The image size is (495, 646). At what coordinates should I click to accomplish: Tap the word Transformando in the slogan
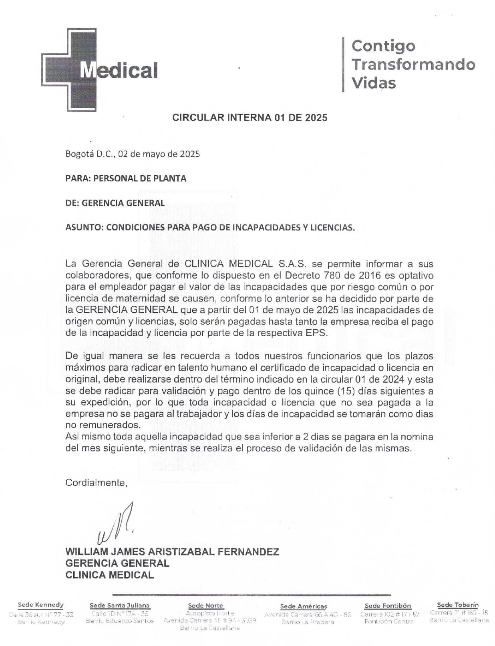coord(413,64)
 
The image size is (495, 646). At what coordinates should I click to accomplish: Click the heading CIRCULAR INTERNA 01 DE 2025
coord(250,118)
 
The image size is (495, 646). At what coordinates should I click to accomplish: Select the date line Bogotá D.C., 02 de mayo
coord(133,154)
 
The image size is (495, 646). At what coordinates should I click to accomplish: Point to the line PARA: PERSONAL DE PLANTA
coord(126,179)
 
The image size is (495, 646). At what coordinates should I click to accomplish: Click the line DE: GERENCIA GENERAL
coord(115,203)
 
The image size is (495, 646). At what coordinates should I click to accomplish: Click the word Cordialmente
coord(96,483)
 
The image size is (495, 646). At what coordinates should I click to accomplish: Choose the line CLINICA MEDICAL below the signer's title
coord(109,575)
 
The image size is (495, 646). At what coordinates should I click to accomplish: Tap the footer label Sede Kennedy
coord(41,605)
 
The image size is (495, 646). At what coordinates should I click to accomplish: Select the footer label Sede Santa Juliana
coord(120,606)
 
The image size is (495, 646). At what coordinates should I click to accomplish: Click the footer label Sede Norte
coord(205,606)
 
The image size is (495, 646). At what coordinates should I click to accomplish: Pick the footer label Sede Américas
coord(304,606)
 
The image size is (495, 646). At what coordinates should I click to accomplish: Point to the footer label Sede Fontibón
coord(388,606)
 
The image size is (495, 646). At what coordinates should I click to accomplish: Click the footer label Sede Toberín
coord(458,605)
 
